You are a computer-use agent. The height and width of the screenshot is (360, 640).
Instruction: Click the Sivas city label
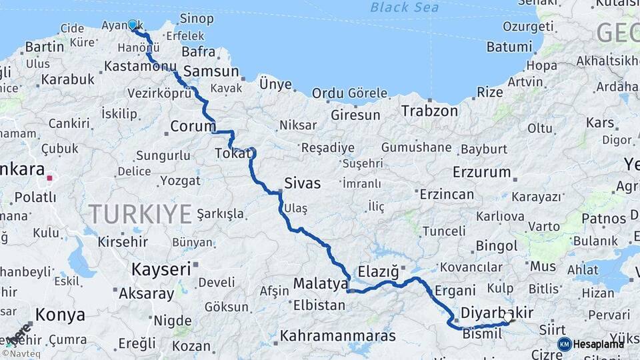pos(302,183)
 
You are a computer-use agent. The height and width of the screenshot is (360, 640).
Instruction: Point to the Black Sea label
pos(405,7)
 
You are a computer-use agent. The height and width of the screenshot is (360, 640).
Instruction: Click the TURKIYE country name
pos(140,215)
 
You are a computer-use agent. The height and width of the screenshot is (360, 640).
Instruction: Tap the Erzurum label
pos(481,173)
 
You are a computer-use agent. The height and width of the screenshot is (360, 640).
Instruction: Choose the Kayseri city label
pos(161,269)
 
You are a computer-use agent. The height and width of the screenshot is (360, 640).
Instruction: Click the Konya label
pos(60,315)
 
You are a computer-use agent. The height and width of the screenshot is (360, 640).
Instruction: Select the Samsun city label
pos(211,71)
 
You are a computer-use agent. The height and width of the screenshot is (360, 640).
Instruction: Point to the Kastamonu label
pos(139,67)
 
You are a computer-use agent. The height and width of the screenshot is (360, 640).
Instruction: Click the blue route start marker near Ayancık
pos(132,25)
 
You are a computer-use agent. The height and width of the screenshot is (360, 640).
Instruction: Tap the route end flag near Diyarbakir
pos(510,318)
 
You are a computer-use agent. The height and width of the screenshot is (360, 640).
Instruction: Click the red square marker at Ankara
pos(50,178)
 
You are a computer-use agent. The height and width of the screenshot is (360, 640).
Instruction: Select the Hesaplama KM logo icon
pos(565,344)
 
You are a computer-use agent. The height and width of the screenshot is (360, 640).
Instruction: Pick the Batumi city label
pos(509,47)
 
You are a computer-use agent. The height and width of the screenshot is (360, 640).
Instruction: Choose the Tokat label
pos(232,154)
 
